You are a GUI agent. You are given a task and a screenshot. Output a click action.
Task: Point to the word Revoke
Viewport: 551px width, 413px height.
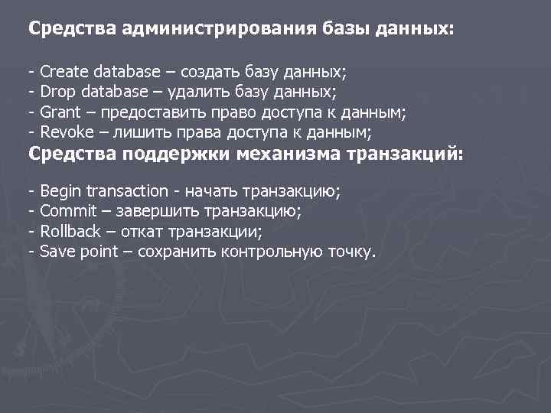[64, 132]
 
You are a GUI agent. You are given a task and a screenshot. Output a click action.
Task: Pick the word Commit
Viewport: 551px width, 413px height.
[67, 211]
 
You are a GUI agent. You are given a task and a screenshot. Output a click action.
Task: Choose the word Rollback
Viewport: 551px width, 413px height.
[70, 231]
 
